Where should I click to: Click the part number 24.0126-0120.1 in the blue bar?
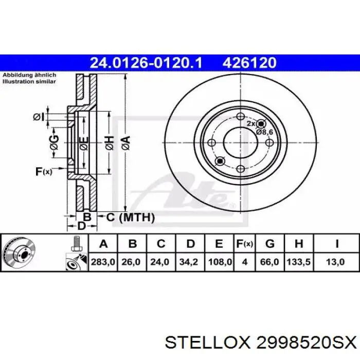[146, 62]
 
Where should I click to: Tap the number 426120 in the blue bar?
[249, 62]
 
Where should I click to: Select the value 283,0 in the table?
[103, 262]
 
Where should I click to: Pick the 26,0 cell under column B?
[131, 262]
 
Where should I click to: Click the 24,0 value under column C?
[160, 262]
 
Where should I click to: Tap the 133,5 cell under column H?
[298, 262]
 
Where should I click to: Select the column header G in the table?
[270, 244]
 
